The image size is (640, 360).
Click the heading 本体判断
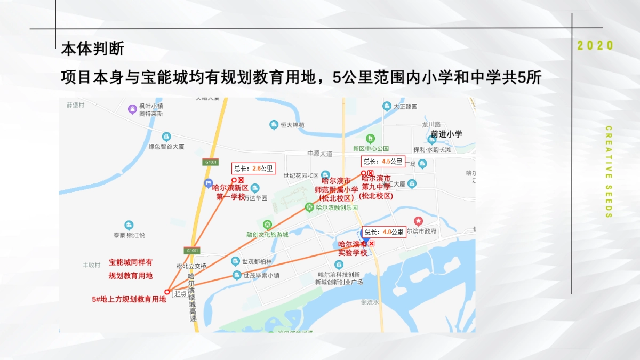click(x=93, y=49)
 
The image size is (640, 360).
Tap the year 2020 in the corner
click(x=596, y=46)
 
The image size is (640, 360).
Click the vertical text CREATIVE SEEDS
click(x=609, y=172)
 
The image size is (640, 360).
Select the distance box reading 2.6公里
click(x=254, y=169)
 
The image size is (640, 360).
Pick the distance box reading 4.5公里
click(x=383, y=162)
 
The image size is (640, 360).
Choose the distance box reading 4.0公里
click(x=383, y=232)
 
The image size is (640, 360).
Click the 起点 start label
click(x=180, y=293)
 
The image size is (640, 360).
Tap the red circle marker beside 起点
click(x=167, y=292)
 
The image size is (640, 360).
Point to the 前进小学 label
click(x=446, y=134)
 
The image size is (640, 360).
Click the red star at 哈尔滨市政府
click(x=419, y=221)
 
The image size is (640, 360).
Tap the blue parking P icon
click(x=208, y=183)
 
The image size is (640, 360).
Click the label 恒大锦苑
click(x=293, y=125)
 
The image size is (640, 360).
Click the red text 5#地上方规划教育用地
click(x=129, y=300)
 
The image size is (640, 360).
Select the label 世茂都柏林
click(x=257, y=261)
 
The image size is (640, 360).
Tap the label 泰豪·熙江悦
click(x=129, y=235)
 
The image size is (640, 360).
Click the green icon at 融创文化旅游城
click(x=267, y=225)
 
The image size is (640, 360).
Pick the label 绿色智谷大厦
click(x=166, y=146)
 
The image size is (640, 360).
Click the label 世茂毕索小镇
click(x=261, y=276)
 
